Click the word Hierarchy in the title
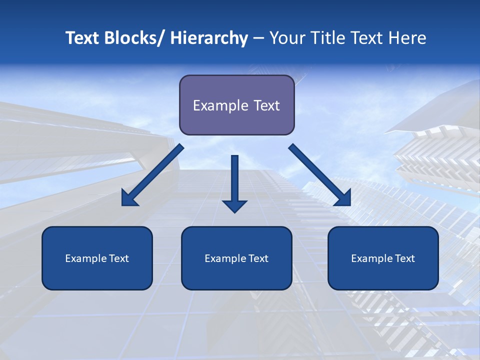click(x=209, y=38)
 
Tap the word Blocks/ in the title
click(x=134, y=38)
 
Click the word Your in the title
click(x=286, y=38)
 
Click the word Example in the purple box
click(x=220, y=105)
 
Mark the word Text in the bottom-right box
click(x=404, y=258)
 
